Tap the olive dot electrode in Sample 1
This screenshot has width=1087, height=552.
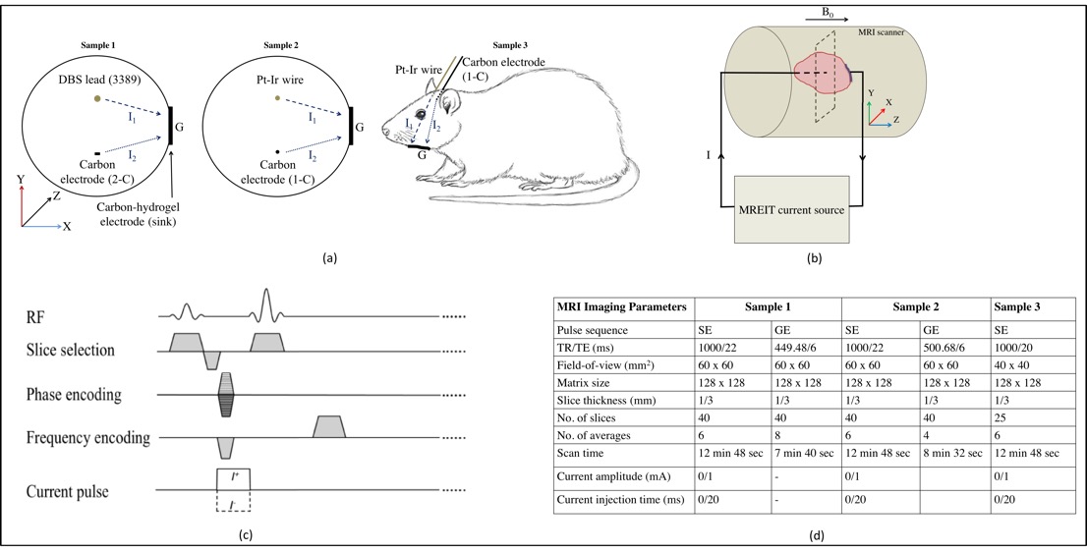[96, 99]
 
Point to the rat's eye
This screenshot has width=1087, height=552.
[423, 114]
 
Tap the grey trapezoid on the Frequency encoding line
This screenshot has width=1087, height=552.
[328, 426]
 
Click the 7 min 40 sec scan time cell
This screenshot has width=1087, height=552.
[806, 454]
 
